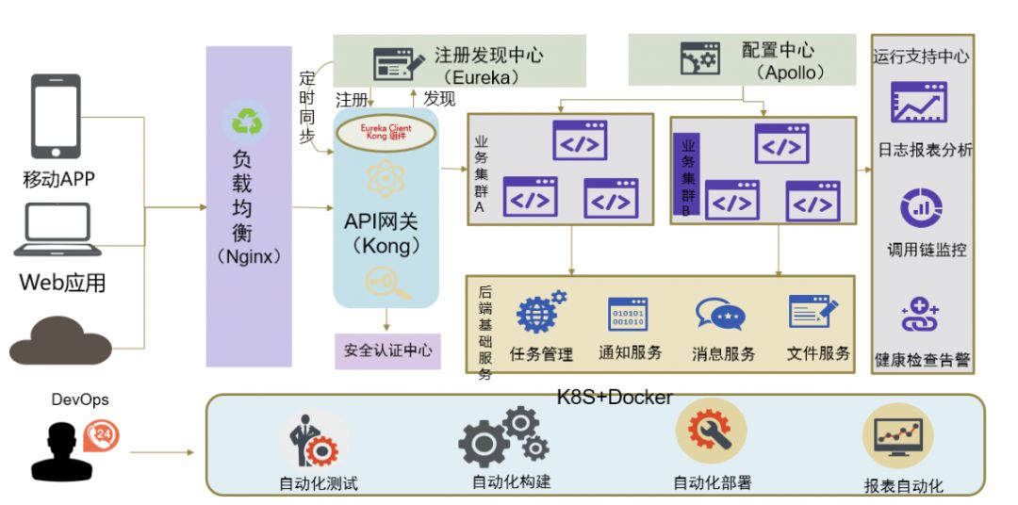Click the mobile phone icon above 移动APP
pos(57,116)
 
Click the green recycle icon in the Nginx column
pos(246,123)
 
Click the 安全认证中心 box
pos(387,350)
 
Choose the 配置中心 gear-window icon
pos(699,59)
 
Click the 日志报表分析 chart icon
pos(918,103)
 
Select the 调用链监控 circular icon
pos(920,208)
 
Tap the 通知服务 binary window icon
pos(629,315)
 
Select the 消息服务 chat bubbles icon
pos(720,315)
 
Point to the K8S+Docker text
pos(615,397)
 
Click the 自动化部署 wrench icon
pos(710,431)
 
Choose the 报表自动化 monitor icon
pos(896,434)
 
